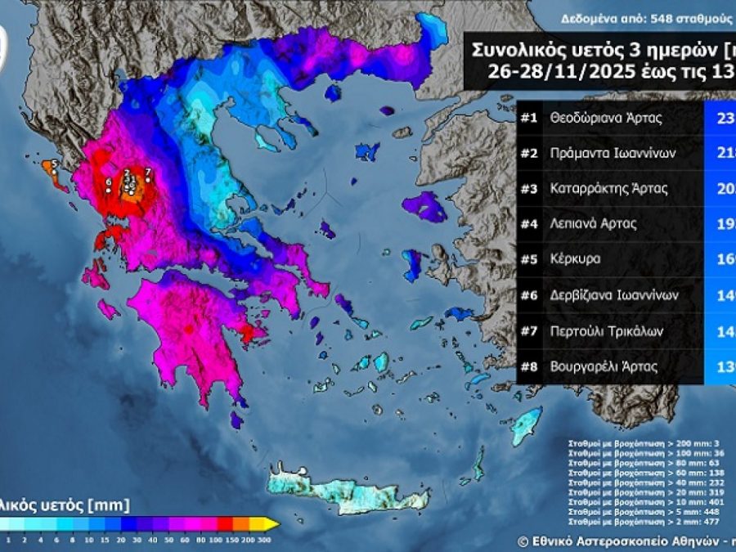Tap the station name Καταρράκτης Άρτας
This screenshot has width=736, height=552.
pos(609,188)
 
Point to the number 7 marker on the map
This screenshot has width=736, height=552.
pos(147,172)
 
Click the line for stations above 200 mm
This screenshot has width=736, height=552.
pos(626,443)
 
